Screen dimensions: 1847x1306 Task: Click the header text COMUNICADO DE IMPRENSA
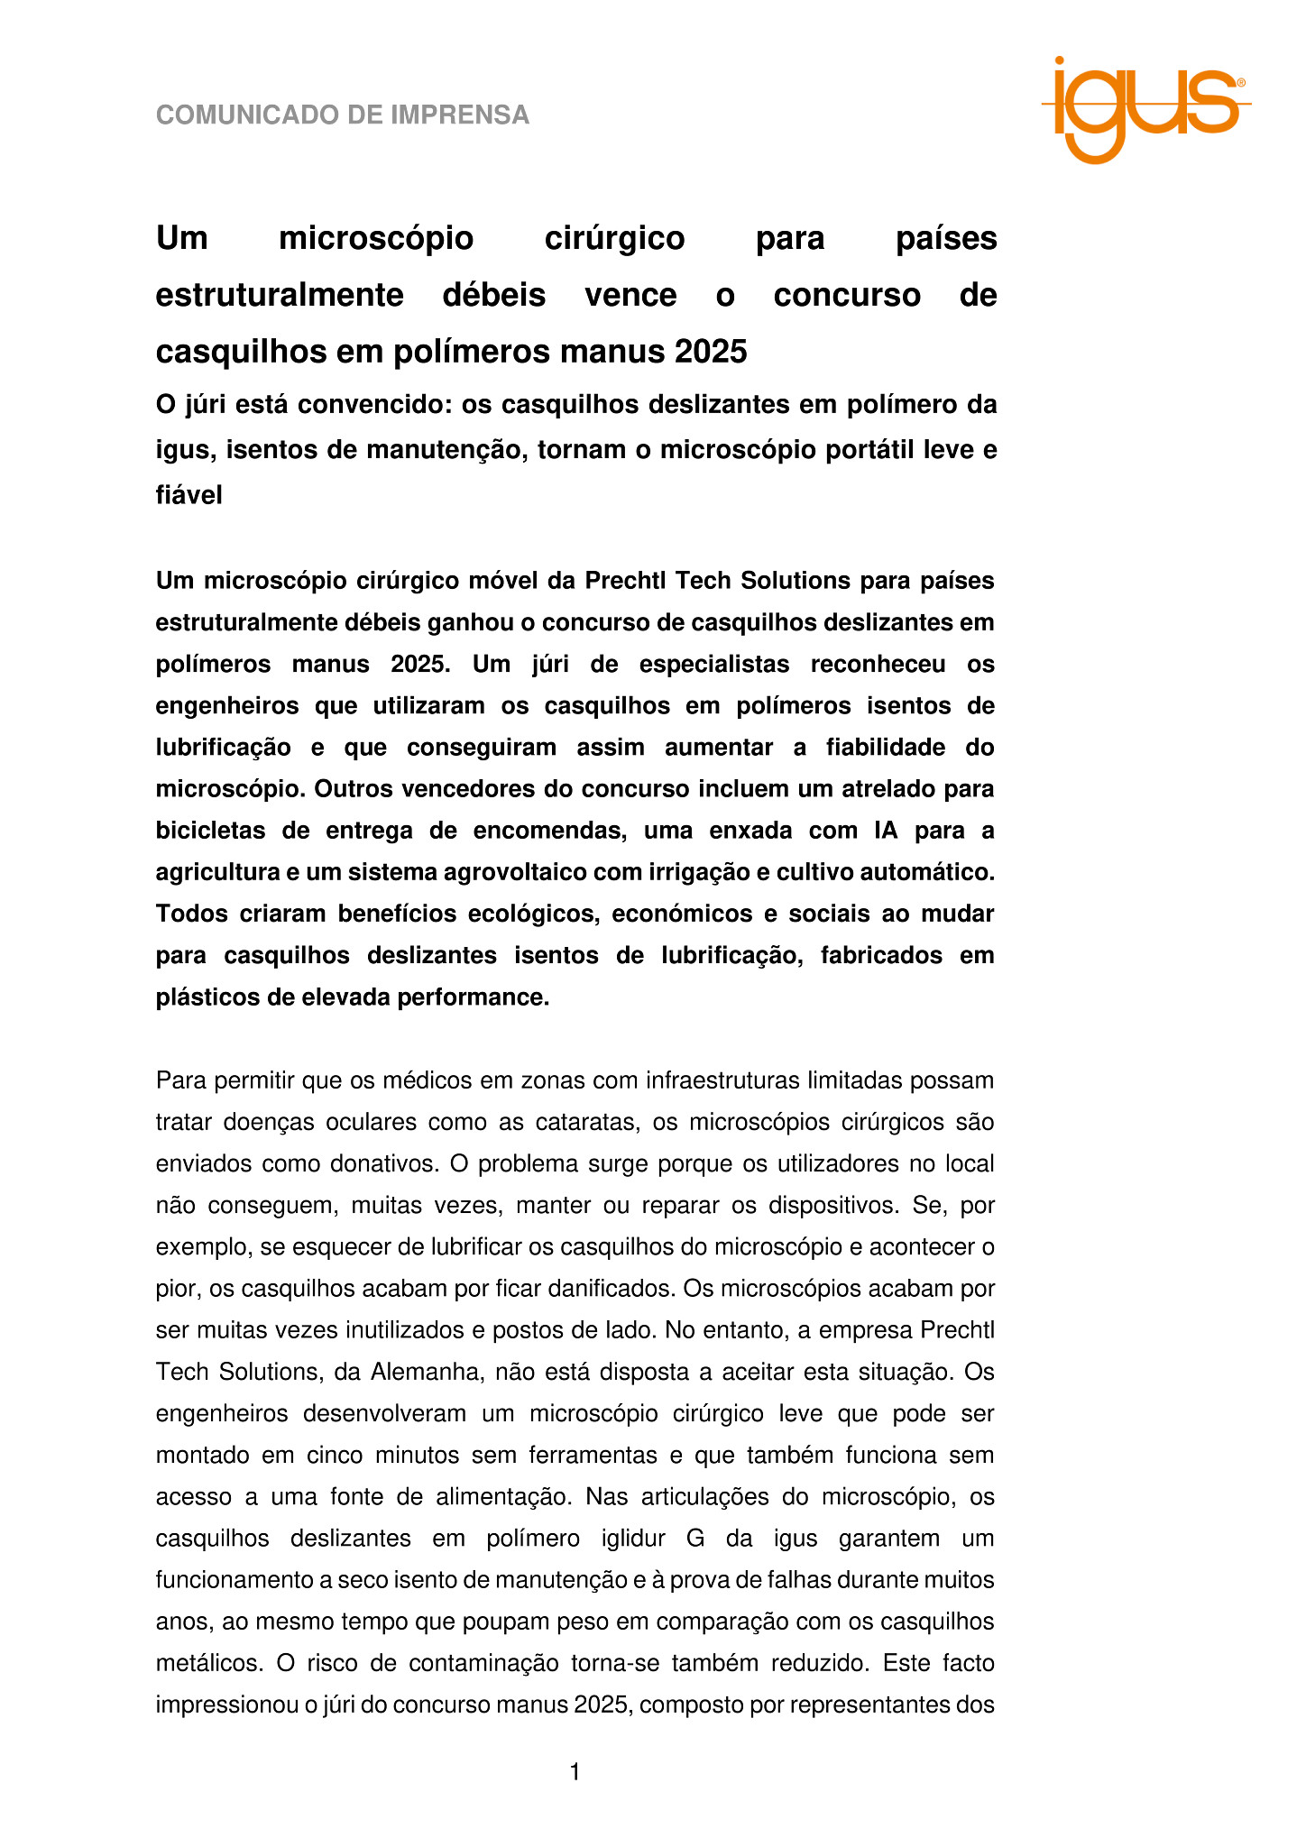343,115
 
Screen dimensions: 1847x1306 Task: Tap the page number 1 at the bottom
575,1772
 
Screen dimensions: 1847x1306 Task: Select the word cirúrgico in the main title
615,239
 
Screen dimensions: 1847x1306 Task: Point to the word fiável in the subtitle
189,495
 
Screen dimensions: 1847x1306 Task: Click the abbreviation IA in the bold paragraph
887,831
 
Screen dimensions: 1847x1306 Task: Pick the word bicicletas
210,831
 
